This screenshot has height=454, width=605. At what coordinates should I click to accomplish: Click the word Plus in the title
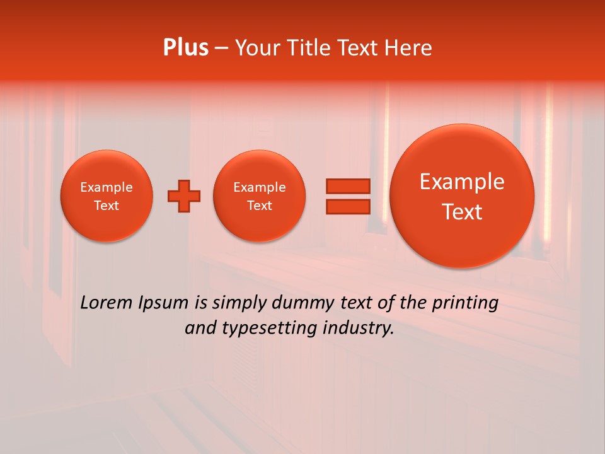click(185, 47)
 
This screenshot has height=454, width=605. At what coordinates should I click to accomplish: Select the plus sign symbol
click(183, 195)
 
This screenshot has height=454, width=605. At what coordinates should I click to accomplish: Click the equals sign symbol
click(348, 196)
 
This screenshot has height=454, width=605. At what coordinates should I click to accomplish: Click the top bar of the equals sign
click(348, 186)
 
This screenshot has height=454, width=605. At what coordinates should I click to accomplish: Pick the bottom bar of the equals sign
click(348, 207)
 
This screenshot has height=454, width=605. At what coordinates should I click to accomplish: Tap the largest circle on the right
click(462, 195)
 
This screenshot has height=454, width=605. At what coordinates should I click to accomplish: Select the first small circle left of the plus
click(107, 196)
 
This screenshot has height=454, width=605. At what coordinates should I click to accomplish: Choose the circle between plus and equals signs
click(260, 196)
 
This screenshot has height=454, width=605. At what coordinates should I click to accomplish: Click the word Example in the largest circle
click(462, 182)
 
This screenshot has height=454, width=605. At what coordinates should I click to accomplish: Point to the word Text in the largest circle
click(462, 212)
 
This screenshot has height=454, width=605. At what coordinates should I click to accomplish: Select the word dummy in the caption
click(304, 303)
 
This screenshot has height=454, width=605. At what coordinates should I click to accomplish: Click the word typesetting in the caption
click(264, 329)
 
